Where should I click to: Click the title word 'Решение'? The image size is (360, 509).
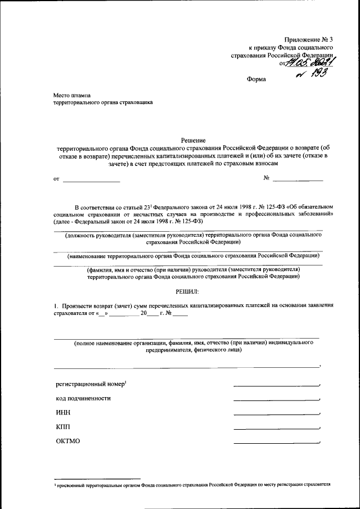[x=193, y=139]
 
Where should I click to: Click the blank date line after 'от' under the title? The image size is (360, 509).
[x=91, y=181]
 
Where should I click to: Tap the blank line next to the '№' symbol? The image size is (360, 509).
[x=298, y=180]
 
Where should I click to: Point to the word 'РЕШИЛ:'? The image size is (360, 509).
[x=188, y=291]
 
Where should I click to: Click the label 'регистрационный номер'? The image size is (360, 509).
[x=90, y=384]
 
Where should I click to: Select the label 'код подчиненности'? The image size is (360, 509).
[x=83, y=398]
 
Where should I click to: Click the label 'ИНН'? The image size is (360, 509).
[x=62, y=413]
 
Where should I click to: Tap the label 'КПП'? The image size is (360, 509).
[x=63, y=427]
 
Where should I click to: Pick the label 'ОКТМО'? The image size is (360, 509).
[x=68, y=441]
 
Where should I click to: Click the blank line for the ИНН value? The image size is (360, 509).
[x=276, y=415]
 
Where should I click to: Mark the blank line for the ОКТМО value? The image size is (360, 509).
[x=276, y=443]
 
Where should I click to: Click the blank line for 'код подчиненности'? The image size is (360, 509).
[x=276, y=400]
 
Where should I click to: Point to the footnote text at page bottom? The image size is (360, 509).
[x=191, y=484]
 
